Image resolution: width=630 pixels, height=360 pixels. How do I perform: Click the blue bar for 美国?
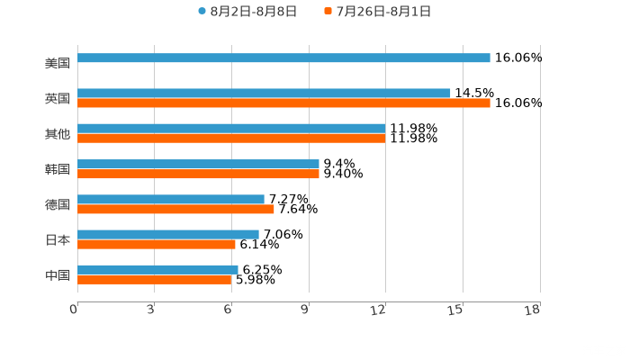click(x=283, y=58)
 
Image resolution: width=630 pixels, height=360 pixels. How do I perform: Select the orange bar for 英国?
click(x=283, y=103)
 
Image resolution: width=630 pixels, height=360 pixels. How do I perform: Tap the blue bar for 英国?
click(x=264, y=93)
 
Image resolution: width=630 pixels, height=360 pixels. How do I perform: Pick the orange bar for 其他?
click(x=231, y=139)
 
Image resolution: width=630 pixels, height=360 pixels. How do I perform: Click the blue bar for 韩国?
click(x=198, y=164)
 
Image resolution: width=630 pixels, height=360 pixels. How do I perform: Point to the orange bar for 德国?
click(x=175, y=209)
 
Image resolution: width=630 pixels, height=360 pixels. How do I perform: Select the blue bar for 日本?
click(x=168, y=234)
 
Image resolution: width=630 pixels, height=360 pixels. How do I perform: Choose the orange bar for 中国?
click(x=155, y=280)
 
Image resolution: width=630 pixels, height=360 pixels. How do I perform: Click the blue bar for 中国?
click(x=157, y=269)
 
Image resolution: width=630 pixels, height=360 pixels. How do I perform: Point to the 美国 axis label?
click(x=57, y=64)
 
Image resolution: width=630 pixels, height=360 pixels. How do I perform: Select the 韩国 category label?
click(x=57, y=169)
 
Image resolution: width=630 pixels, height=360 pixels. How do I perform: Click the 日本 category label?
click(x=57, y=240)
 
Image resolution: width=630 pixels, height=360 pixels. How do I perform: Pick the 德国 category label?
click(x=57, y=205)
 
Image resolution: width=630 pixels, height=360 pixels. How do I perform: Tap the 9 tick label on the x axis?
click(x=305, y=310)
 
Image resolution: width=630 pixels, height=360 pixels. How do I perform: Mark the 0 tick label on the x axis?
click(x=75, y=310)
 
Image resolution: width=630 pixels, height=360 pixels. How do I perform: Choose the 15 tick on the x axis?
click(x=456, y=310)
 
